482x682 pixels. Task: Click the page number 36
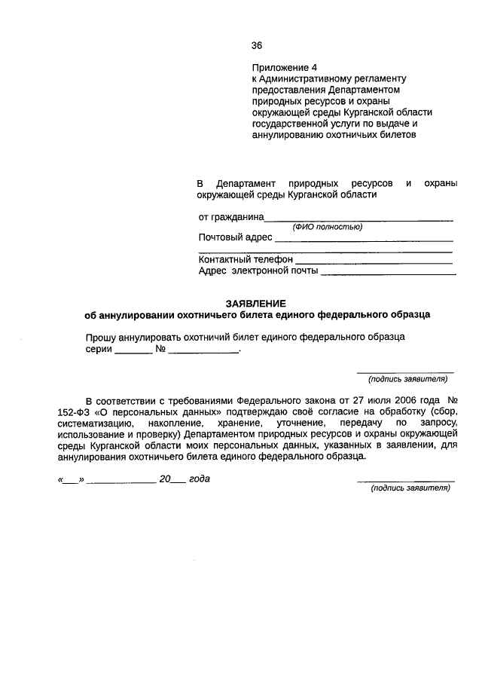(257, 44)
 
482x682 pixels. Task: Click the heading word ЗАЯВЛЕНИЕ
(258, 301)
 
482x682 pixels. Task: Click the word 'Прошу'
(99, 337)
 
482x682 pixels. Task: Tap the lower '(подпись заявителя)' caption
(410, 488)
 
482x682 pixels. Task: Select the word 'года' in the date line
(200, 479)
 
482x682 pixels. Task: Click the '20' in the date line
(166, 479)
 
